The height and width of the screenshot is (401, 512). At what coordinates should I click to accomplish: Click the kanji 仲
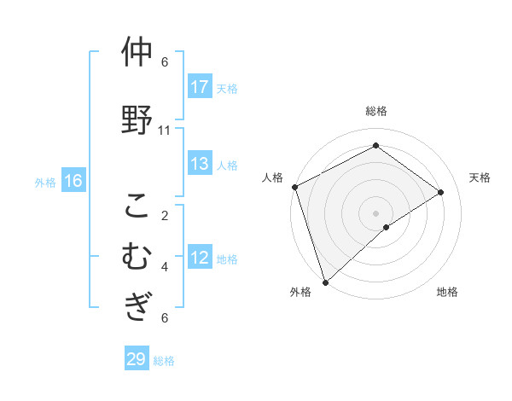click(x=137, y=53)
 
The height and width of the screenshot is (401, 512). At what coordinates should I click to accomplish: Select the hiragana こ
click(x=137, y=207)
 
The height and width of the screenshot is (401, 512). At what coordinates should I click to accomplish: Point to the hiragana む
click(x=137, y=256)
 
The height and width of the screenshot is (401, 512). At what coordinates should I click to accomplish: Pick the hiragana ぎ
click(x=137, y=305)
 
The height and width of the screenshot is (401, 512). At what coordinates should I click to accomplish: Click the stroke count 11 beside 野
click(x=165, y=131)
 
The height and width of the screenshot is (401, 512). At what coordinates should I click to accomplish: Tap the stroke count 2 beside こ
click(x=165, y=215)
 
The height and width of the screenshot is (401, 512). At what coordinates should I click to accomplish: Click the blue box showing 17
click(x=200, y=87)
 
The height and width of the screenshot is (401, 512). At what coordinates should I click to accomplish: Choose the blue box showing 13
click(x=200, y=164)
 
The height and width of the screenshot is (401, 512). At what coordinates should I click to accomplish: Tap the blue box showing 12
click(x=200, y=258)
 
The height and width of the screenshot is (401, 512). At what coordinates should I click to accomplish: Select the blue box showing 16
click(x=73, y=181)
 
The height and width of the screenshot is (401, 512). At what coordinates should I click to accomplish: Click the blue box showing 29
click(x=136, y=359)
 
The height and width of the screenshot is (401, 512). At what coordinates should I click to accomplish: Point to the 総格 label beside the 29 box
click(x=164, y=361)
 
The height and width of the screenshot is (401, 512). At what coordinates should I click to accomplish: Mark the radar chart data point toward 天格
click(x=441, y=192)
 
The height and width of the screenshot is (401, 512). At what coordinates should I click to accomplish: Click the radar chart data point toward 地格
click(x=387, y=227)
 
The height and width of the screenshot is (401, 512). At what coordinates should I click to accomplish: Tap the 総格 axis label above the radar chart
click(x=376, y=111)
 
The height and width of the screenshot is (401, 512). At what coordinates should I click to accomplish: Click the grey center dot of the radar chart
click(x=375, y=212)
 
